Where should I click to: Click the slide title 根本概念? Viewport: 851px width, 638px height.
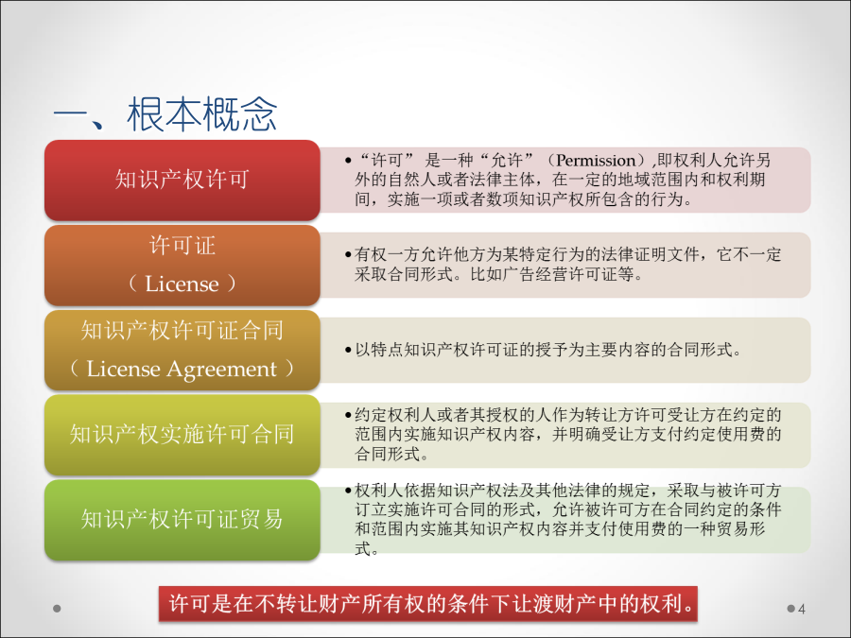point(202,114)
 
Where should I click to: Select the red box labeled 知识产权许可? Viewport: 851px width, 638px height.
point(182,181)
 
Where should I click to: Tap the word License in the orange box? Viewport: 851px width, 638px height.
point(182,284)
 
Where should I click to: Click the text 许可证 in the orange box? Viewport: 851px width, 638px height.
point(182,246)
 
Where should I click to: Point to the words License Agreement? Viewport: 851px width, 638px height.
point(182,369)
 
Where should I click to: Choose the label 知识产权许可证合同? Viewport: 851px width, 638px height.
point(182,331)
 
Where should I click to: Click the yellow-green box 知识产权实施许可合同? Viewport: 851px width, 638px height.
point(182,435)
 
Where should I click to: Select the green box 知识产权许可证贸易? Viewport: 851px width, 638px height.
point(182,520)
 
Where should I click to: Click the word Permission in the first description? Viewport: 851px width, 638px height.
point(596,161)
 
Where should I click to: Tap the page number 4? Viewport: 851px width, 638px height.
point(802,609)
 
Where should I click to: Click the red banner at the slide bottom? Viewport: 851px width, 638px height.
point(427,603)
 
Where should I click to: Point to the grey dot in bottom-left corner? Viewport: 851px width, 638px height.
point(57,609)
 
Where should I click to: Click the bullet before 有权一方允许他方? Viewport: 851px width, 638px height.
point(348,254)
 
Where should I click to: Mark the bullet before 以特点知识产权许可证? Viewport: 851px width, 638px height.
point(348,350)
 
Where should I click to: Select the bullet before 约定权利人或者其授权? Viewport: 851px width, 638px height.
point(348,416)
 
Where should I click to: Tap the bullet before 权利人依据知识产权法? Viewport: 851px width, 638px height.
point(348,491)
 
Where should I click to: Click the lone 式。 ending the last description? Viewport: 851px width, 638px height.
point(366,548)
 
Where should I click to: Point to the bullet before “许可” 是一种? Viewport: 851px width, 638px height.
point(348,161)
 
